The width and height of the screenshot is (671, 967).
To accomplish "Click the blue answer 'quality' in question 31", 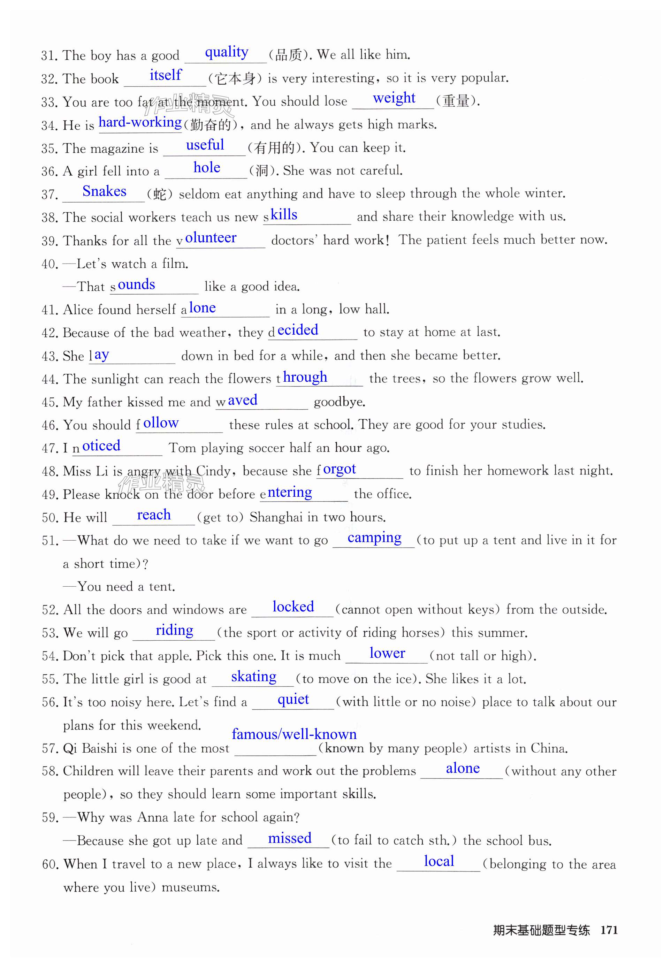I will tap(226, 52).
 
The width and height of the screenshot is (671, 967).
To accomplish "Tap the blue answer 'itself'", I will tap(165, 75).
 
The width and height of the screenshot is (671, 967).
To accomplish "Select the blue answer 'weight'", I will tap(394, 98).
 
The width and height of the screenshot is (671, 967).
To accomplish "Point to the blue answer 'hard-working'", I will tap(140, 122).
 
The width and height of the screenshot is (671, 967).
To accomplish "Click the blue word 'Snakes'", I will tap(104, 191).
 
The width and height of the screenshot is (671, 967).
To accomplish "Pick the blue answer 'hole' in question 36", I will tap(206, 168).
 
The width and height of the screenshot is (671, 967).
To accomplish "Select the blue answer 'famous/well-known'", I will tap(294, 734).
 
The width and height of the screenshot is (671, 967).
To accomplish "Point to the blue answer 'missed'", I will tap(290, 838).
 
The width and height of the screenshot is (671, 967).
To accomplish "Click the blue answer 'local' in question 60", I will tap(439, 861).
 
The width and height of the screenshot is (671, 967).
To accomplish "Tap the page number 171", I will tap(609, 930).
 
